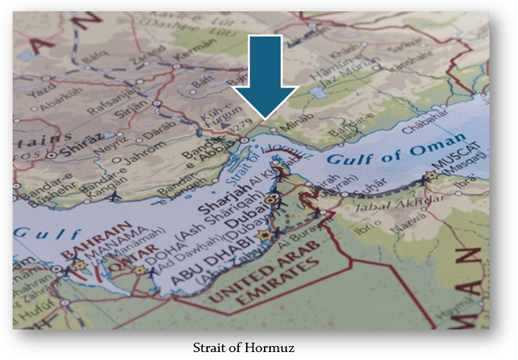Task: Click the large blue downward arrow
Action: coord(265,76)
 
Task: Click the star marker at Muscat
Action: coord(432,176)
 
